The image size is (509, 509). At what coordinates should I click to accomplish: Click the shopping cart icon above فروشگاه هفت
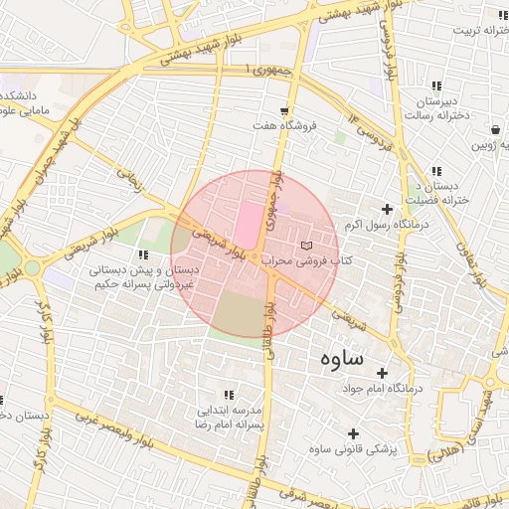285,110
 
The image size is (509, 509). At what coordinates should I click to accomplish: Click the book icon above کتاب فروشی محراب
306,245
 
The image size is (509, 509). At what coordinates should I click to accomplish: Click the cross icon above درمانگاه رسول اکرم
387,209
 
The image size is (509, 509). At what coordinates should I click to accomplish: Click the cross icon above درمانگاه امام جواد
382,372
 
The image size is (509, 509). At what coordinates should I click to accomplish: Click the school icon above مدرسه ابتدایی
230,395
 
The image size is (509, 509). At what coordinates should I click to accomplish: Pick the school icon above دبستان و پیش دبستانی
151,240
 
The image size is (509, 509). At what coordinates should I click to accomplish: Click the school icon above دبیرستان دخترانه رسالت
436,87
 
